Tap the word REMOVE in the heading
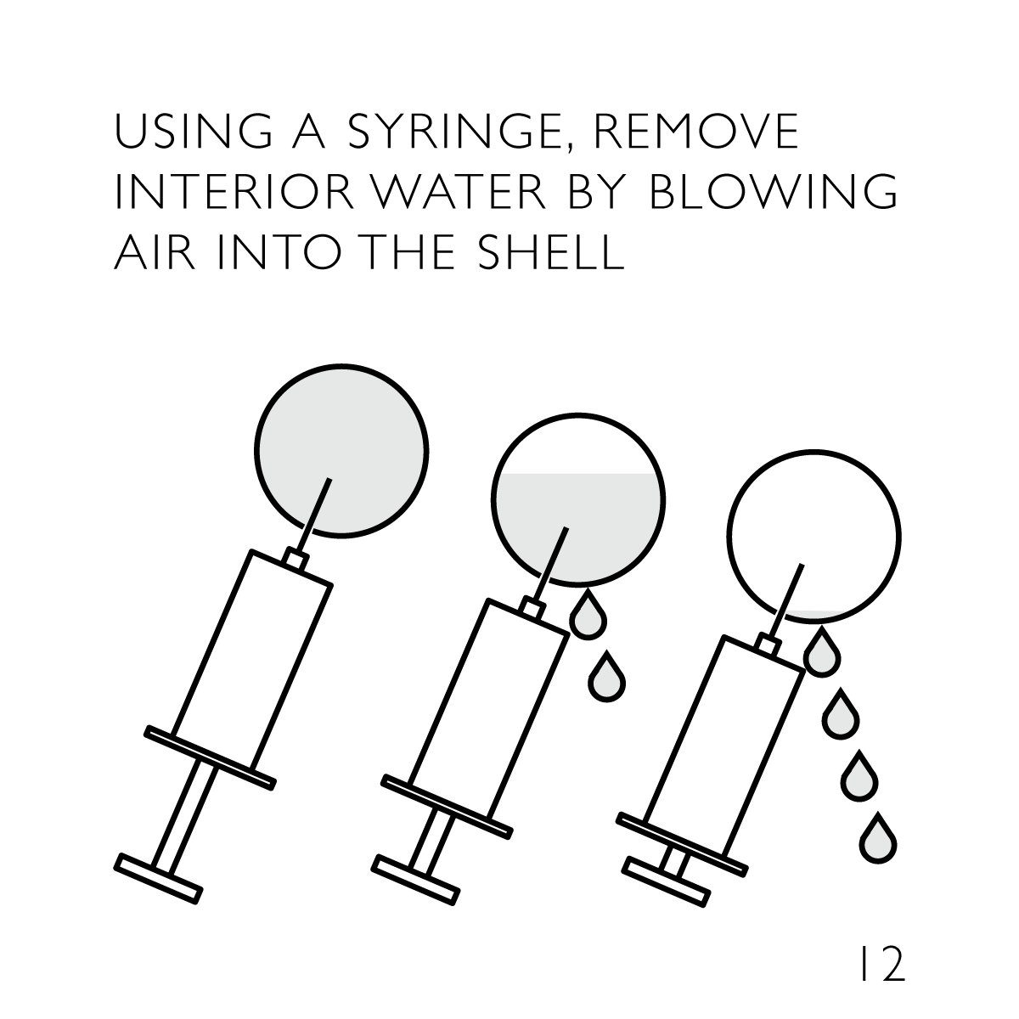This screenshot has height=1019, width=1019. pyautogui.click(x=696, y=130)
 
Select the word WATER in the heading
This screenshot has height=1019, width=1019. pyautogui.click(x=459, y=191)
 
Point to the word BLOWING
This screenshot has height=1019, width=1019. pyautogui.click(x=773, y=191)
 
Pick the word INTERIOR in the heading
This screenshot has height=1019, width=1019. pyautogui.click(x=234, y=191)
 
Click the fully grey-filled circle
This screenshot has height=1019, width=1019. pyautogui.click(x=341, y=451)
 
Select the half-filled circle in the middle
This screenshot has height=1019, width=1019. pyautogui.click(x=578, y=500)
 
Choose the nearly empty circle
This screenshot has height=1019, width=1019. pyautogui.click(x=814, y=537)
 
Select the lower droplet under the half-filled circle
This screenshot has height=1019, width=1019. pyautogui.click(x=607, y=679)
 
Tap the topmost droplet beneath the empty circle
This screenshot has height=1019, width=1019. pyautogui.click(x=822, y=653)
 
